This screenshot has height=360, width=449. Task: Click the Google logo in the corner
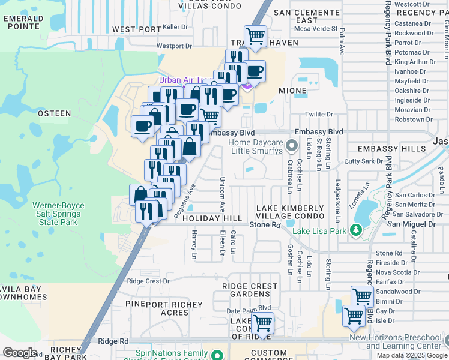click(x=20, y=353)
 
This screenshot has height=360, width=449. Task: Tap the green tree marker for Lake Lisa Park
click(x=355, y=230)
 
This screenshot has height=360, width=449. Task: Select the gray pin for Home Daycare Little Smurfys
click(x=291, y=145)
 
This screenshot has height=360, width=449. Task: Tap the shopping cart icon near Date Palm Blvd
click(x=262, y=322)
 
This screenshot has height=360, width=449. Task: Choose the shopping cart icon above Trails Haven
click(x=256, y=36)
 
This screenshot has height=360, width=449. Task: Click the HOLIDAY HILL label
click(x=212, y=218)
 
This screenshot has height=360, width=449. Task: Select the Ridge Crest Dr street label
click(x=148, y=281)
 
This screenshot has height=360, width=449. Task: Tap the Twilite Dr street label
click(x=319, y=114)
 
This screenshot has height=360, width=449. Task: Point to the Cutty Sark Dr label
click(x=363, y=161)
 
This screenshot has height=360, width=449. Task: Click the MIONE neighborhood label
click(x=292, y=91)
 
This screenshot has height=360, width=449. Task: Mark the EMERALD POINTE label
click(x=23, y=22)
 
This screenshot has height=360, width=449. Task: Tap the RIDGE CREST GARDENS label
click(x=250, y=290)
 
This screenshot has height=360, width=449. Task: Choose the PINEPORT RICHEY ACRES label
click(x=158, y=308)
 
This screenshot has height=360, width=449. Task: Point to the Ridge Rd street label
click(x=114, y=341)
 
